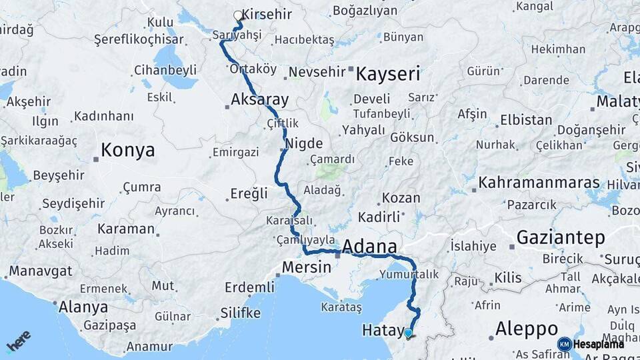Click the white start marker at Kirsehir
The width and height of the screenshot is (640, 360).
(x=238, y=15)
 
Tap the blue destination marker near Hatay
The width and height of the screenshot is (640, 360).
(x=408, y=332)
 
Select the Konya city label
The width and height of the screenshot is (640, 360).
(x=127, y=149)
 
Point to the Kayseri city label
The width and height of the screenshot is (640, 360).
(x=387, y=73)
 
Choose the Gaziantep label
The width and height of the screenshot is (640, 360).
(x=560, y=237)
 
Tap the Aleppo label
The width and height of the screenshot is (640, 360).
(x=527, y=329)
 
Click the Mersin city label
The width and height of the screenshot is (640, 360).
(x=306, y=267)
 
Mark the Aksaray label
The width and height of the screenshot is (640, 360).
(x=259, y=100)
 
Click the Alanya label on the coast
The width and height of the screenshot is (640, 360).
(x=83, y=307)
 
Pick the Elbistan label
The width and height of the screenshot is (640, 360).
(x=526, y=121)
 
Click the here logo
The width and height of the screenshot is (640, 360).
(x=19, y=341)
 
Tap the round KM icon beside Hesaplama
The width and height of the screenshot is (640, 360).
(x=565, y=344)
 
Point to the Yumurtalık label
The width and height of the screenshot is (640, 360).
(x=409, y=274)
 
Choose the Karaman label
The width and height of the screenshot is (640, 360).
(x=125, y=229)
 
